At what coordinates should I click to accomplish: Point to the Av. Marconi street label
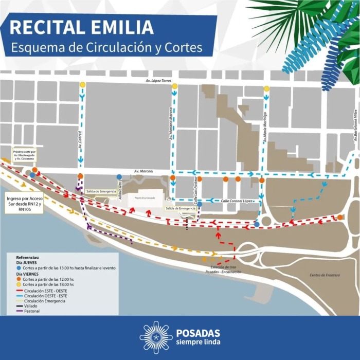click(143, 171)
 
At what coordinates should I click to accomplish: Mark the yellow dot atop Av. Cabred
click(82, 85)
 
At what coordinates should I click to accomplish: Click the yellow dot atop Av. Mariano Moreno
click(174, 86)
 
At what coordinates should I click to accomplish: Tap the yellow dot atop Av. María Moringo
click(266, 88)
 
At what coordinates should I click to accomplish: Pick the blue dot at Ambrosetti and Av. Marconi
click(119, 177)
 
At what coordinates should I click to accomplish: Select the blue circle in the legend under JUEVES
click(19, 268)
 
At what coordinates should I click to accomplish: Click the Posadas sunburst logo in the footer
click(156, 337)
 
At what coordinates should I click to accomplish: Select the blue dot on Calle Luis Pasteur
click(200, 204)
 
